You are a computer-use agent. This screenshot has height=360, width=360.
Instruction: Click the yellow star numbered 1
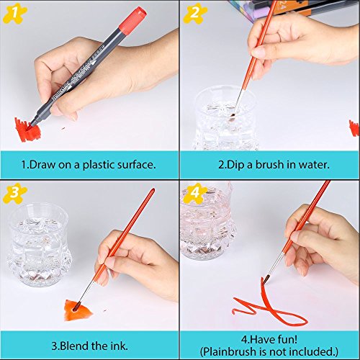pos(14,14)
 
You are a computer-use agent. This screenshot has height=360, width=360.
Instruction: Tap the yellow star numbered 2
pos(195,14)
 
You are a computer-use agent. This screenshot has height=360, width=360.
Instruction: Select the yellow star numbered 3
pos(15,193)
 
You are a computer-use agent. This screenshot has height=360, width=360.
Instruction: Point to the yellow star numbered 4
pos(195,193)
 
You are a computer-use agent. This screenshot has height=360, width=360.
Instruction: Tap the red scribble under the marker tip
pos(27,130)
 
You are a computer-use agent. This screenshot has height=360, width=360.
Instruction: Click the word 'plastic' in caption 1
pos(99,165)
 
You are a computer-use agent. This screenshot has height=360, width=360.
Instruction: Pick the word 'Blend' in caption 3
pos(74,346)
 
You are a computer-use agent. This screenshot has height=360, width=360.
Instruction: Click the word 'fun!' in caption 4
pos(287,339)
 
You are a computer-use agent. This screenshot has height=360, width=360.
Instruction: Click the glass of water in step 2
pos(225,119)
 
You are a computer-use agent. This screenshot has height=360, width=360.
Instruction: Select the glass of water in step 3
pos(39,245)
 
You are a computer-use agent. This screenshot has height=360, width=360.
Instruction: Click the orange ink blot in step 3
pos(77,310)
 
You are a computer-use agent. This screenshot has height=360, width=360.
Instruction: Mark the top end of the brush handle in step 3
pos(153,190)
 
